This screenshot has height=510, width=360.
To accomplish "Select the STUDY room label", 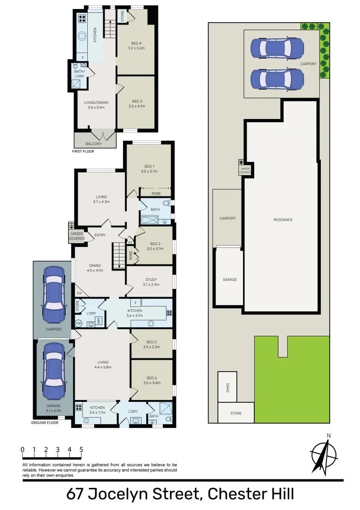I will point(151,279).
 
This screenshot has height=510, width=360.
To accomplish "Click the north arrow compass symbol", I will point(324,454).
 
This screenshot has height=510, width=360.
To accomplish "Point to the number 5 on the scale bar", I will point(81,450).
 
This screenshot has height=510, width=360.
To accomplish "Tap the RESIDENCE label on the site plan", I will point(283,220).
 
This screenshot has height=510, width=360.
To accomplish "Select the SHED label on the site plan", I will point(228,388).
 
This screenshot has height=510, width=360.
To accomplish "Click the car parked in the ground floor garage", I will point(53,371).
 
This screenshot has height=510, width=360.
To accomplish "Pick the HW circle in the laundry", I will point(78,323).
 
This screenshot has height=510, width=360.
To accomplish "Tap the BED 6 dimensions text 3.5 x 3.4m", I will point(151,382).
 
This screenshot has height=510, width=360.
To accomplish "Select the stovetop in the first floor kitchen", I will point(81,19).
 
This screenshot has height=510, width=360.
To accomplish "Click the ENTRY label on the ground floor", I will point(100,235).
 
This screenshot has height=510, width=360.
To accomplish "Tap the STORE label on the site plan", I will point(236,413).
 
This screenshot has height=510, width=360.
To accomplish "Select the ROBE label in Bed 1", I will point(156,194).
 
